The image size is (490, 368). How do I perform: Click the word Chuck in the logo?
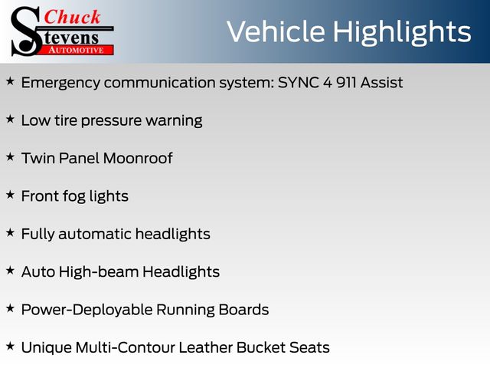pos(72,17)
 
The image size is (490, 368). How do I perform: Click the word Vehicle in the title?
pos(276,31)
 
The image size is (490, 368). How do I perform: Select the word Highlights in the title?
pos(401,32)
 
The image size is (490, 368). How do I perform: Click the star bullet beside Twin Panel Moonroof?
pos(10,156)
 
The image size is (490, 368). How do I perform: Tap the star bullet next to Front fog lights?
pos(10,195)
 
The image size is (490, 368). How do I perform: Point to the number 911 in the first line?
pos(346,83)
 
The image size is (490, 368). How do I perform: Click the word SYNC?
pos(298,83)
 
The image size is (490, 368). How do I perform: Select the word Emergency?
pos(60,84)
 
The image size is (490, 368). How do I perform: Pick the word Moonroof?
pos(138,158)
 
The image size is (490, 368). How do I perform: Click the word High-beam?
pos(99,272)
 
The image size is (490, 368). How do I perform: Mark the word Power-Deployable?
pos(87,310)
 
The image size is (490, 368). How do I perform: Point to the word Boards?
pos(243,310)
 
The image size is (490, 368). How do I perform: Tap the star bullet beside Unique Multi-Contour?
pos(10,346)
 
